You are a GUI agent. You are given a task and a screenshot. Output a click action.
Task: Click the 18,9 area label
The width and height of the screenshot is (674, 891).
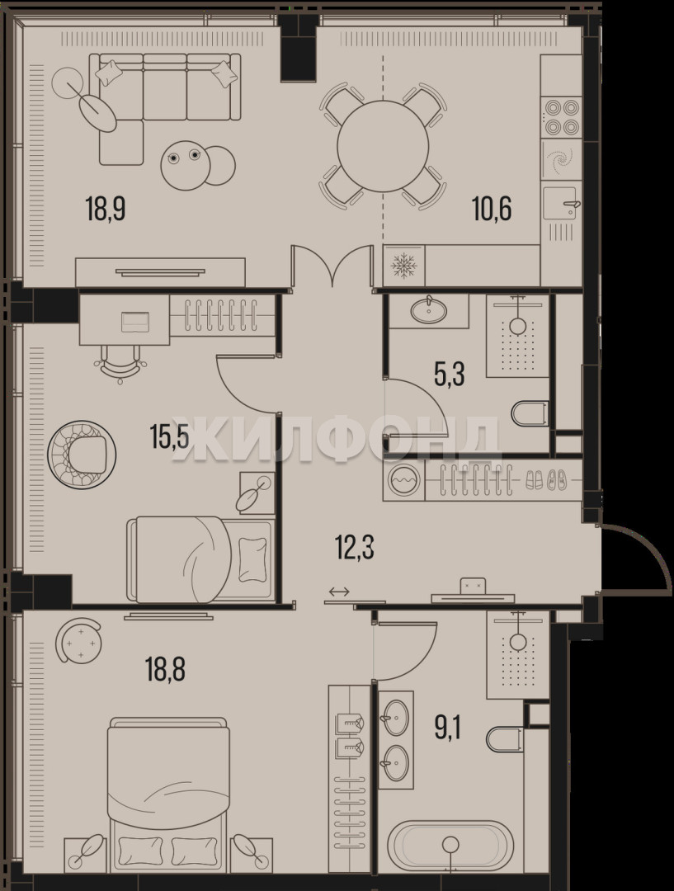tap(106, 208)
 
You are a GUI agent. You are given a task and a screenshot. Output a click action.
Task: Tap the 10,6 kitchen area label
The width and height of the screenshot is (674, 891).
tap(493, 208)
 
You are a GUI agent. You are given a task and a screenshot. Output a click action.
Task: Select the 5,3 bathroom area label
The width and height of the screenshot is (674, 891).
tap(450, 375)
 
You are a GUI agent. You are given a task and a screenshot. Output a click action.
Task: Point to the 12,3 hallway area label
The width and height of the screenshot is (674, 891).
tap(355, 549)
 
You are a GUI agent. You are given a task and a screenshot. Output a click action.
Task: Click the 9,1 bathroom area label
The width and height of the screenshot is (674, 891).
tap(447, 728)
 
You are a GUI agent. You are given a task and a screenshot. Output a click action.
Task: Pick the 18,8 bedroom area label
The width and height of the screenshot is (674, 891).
tap(165, 668)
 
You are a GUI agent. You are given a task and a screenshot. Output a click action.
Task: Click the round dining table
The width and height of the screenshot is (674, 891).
tap(383, 146)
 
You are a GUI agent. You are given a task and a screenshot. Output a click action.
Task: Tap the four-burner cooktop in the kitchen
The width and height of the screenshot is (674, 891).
tap(562, 116)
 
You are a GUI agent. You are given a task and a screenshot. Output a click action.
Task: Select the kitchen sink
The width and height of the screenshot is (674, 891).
tap(562, 203)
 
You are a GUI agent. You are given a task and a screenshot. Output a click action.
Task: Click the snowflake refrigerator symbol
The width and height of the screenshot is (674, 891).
tap(404, 266)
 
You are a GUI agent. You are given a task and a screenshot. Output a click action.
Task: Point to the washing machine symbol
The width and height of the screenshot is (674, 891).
tap(403, 480)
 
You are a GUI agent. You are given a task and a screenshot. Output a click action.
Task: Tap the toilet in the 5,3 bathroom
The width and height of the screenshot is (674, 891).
tap(530, 413)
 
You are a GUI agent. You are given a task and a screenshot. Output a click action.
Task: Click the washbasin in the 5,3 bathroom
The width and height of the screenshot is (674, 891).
tap(429, 310)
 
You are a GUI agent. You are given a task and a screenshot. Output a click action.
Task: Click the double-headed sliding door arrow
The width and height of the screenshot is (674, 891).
tap(339, 592)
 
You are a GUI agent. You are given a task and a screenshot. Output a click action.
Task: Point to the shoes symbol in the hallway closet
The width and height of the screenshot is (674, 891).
tap(545, 480)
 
